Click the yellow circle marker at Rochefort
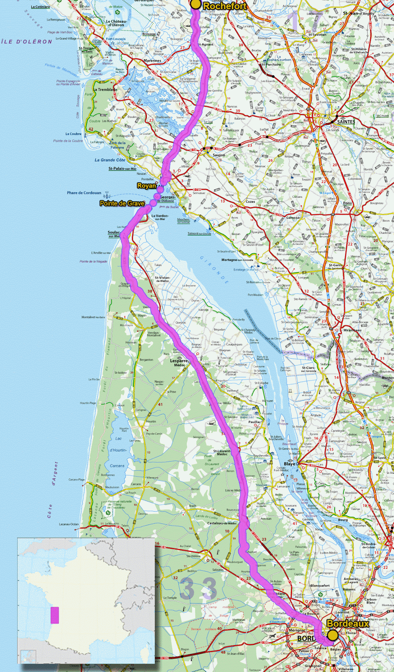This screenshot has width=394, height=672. point(196,4)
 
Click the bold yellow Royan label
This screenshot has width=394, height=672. point(146,186)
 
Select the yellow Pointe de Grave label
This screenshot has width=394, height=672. point(122,203)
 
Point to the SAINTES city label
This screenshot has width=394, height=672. point(346,122)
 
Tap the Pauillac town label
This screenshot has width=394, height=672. point(255,422)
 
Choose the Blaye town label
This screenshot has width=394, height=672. point(290,464)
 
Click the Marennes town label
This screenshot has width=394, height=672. point(152,61)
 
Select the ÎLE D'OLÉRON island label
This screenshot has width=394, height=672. point(27,42)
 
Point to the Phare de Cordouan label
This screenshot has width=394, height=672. point(84,193)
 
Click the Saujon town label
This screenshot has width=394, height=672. point(219,155)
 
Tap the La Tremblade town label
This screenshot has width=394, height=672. point(106,89)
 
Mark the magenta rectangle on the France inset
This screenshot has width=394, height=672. point(55,615)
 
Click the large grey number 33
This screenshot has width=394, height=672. point(199,588)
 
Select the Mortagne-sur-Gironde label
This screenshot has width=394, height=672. point(237,260)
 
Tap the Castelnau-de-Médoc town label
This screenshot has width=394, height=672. point(222,523)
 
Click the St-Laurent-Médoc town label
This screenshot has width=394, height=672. point(222,452)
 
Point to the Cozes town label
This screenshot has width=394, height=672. point(250,202)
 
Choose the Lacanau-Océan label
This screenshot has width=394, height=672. point(69,524)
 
